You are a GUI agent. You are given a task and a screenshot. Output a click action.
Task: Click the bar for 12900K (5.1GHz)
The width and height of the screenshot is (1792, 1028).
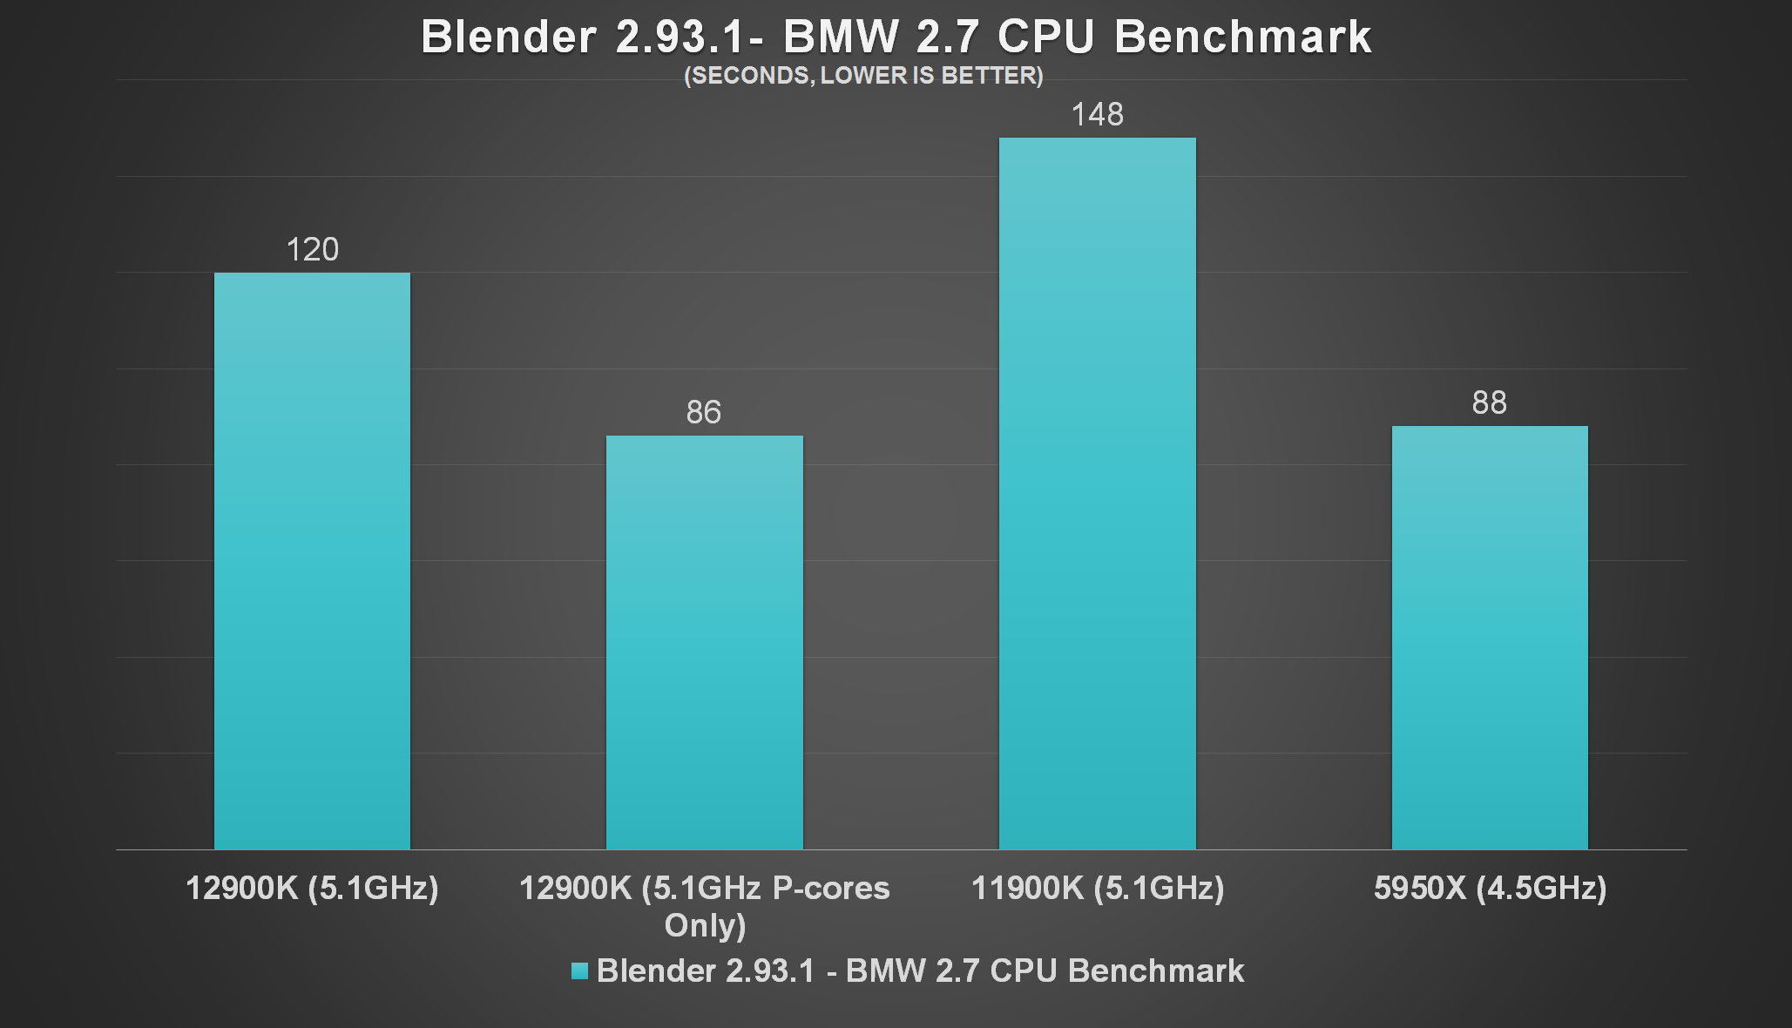click(x=312, y=561)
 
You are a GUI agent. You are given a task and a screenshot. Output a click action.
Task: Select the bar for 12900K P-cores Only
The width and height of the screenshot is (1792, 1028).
click(x=704, y=642)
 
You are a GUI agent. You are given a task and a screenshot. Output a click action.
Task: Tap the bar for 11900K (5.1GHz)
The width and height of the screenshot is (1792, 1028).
click(x=1097, y=493)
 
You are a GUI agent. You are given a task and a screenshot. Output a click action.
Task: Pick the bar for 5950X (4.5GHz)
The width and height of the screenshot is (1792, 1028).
click(x=1490, y=637)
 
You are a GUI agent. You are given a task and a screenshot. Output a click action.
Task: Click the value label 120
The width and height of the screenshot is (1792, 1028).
click(x=312, y=250)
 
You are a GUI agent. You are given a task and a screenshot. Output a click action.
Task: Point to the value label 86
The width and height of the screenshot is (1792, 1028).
click(x=704, y=412)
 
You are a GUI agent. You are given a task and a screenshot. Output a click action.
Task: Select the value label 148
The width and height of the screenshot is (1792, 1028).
click(x=1097, y=114)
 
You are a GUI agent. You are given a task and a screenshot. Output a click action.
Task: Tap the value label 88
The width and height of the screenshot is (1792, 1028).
click(x=1490, y=402)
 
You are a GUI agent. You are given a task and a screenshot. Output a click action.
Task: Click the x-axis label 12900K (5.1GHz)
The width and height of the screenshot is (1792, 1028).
click(x=312, y=888)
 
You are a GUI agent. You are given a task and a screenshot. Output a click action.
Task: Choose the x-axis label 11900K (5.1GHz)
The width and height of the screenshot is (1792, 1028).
click(x=1098, y=888)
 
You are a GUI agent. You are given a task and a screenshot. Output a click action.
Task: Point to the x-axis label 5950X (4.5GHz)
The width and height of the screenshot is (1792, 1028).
click(x=1490, y=888)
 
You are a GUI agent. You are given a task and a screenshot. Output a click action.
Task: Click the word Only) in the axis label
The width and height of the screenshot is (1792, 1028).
click(x=705, y=925)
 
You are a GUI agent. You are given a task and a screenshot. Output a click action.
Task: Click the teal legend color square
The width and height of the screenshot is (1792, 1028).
click(x=579, y=971)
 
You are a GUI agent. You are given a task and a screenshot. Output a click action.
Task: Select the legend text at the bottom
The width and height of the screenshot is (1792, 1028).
click(x=920, y=971)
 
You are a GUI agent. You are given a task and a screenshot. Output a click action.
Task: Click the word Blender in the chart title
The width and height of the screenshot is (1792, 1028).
click(x=509, y=37)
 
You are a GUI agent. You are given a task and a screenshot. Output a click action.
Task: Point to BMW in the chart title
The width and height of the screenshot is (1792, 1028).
click(x=841, y=37)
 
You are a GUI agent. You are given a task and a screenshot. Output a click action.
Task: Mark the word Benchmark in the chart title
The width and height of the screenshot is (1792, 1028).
click(x=1242, y=37)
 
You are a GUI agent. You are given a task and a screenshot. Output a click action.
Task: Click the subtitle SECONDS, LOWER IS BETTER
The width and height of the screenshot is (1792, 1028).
click(x=863, y=76)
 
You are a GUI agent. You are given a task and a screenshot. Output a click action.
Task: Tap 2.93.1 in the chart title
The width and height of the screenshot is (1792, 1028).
click(x=680, y=37)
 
